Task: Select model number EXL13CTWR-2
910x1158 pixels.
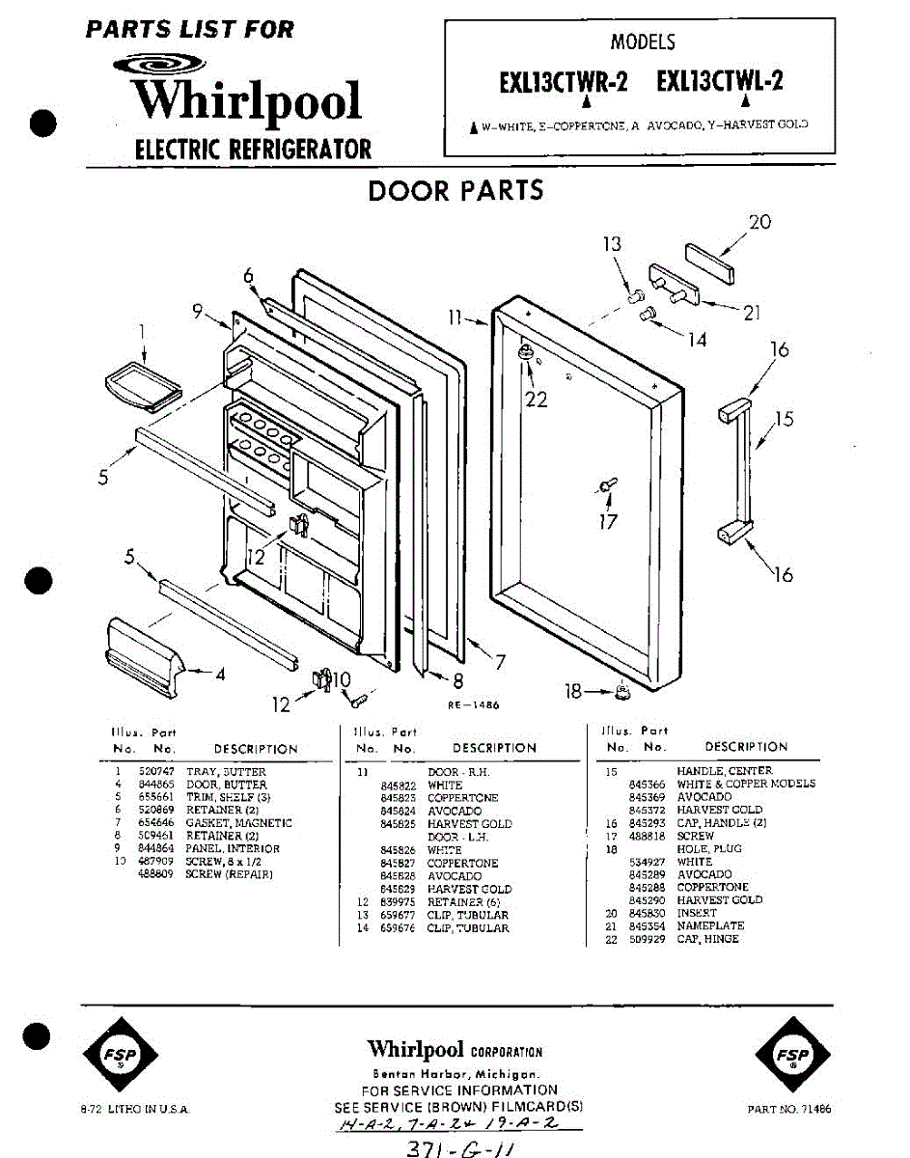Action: tap(563, 82)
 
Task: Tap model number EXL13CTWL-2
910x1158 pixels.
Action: tap(719, 82)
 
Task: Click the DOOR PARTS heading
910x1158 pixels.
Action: tap(455, 190)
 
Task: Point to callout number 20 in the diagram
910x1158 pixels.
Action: tap(759, 222)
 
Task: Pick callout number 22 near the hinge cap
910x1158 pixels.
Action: tap(536, 398)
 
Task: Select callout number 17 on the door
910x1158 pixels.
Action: tap(607, 522)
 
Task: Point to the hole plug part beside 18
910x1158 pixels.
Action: tap(622, 691)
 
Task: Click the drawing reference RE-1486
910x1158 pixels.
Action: tap(473, 705)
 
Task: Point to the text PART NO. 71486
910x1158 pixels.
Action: tap(788, 1109)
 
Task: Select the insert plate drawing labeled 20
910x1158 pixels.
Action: tap(710, 262)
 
